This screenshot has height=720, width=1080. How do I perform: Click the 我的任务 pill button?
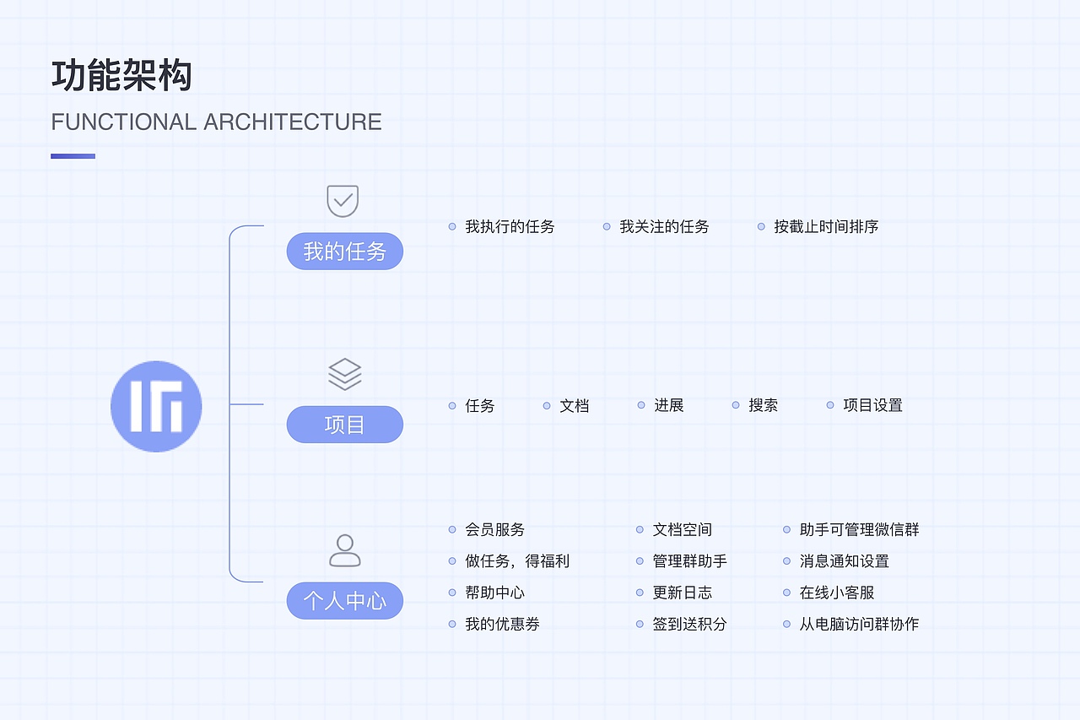click(x=344, y=252)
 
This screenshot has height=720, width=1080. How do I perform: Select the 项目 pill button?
click(x=344, y=425)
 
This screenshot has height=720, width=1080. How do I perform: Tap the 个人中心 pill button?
click(x=344, y=601)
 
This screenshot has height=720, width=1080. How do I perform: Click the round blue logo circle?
click(x=156, y=406)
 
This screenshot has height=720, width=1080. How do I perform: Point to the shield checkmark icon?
click(x=343, y=201)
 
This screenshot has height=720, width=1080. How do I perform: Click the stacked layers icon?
click(x=344, y=374)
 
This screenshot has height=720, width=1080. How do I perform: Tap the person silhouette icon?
click(x=344, y=550)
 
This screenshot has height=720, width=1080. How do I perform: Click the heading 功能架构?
click(x=122, y=76)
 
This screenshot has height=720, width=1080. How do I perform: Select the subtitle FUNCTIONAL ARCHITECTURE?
click(x=216, y=122)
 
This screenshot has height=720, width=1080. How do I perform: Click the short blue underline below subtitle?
click(x=73, y=156)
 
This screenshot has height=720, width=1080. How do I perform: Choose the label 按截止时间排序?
click(x=826, y=227)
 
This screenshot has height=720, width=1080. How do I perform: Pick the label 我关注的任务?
click(x=664, y=227)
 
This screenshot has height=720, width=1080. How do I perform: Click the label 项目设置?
click(x=872, y=406)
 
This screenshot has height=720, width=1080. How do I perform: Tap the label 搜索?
click(x=763, y=406)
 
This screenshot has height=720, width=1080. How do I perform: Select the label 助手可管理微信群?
click(x=859, y=530)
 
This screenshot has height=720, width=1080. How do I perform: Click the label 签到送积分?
click(x=689, y=625)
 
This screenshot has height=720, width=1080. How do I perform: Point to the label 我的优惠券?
click(x=502, y=625)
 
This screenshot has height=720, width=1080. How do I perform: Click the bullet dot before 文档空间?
click(x=640, y=530)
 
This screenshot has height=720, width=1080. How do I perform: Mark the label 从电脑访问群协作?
click(x=859, y=625)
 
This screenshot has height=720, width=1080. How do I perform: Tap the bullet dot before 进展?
click(x=641, y=405)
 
